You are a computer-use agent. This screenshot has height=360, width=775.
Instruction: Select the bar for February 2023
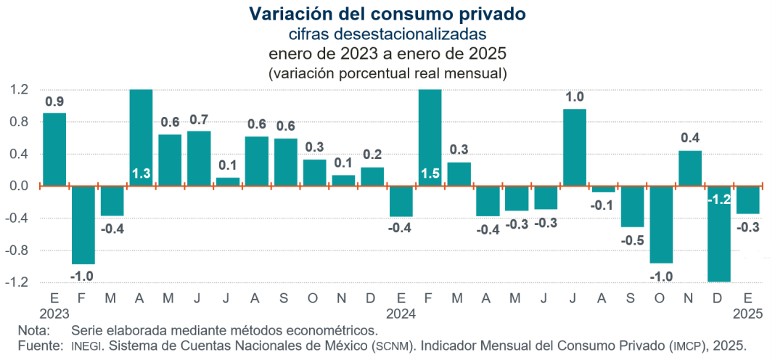83,224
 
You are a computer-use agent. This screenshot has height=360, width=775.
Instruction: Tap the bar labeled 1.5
430,138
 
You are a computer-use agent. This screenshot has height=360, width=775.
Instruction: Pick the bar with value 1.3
141,138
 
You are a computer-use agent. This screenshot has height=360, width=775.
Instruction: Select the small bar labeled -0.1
603,189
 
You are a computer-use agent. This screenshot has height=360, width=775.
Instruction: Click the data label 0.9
54,102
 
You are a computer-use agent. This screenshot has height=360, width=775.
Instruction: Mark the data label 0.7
199,120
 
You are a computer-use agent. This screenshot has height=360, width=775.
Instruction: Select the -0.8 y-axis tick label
19,250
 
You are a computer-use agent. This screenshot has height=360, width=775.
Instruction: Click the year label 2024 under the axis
401,314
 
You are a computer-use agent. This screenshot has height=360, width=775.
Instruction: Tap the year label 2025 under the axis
747,314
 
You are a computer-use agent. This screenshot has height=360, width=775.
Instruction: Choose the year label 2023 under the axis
54,314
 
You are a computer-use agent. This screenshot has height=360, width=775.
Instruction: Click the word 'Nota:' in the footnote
33,330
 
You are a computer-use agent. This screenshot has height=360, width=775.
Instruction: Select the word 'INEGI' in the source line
87,345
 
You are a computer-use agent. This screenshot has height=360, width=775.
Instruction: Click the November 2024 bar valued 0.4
689,168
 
